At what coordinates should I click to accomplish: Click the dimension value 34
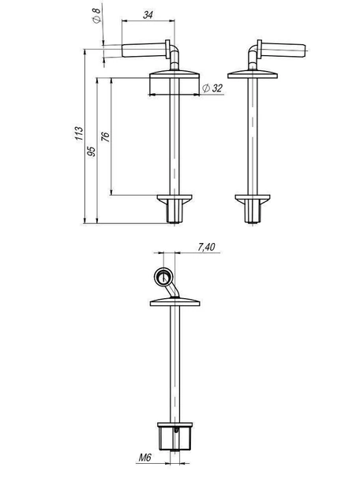[148, 14]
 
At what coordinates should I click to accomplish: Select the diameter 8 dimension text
[96, 15]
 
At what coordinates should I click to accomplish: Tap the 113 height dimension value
[78, 133]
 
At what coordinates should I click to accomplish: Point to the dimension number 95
[91, 151]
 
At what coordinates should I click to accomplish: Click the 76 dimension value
[105, 136]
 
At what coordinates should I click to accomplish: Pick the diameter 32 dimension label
[212, 88]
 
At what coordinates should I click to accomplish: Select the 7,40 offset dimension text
[206, 247]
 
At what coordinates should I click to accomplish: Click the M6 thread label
[145, 458]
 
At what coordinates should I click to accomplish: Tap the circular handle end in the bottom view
[163, 277]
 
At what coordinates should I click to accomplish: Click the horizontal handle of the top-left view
[144, 50]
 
